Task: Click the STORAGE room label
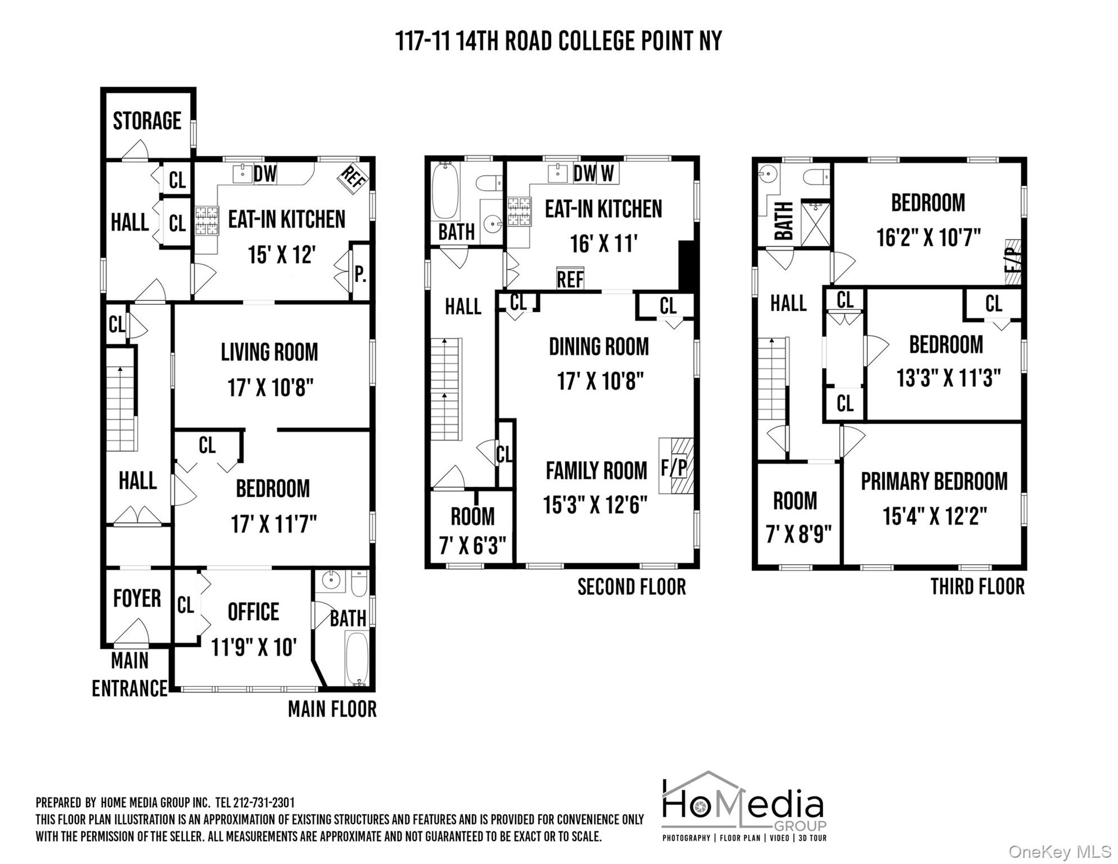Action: click(147, 121)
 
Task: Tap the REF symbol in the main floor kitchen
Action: click(353, 179)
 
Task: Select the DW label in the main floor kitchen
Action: click(265, 174)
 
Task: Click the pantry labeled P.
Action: click(360, 274)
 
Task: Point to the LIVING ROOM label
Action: click(269, 353)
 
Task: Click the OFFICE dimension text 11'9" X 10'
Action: click(253, 647)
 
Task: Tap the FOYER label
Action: click(137, 598)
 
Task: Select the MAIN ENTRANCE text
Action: click(130, 674)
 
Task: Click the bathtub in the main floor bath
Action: click(356, 658)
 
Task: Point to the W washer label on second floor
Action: click(607, 173)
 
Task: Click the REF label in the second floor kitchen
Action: click(570, 279)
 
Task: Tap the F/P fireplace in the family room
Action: click(676, 466)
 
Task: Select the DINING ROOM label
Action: click(598, 346)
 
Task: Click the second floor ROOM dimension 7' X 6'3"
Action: click(472, 544)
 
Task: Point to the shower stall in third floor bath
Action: click(815, 223)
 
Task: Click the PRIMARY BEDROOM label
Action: click(934, 481)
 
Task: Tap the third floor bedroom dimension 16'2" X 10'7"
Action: click(928, 237)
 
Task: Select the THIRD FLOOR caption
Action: click(977, 586)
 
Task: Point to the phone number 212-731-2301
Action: click(264, 803)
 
